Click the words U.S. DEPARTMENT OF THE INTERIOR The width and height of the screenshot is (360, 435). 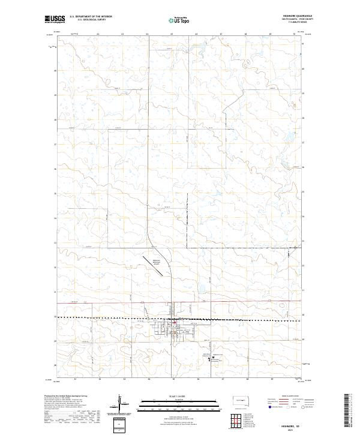click(x=91, y=17)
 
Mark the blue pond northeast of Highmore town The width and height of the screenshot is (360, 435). click(x=199, y=295)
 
